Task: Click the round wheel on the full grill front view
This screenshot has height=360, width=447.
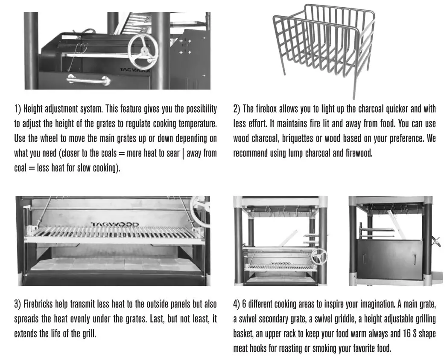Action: tap(318, 257)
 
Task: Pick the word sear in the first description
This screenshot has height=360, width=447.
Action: tap(173, 153)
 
